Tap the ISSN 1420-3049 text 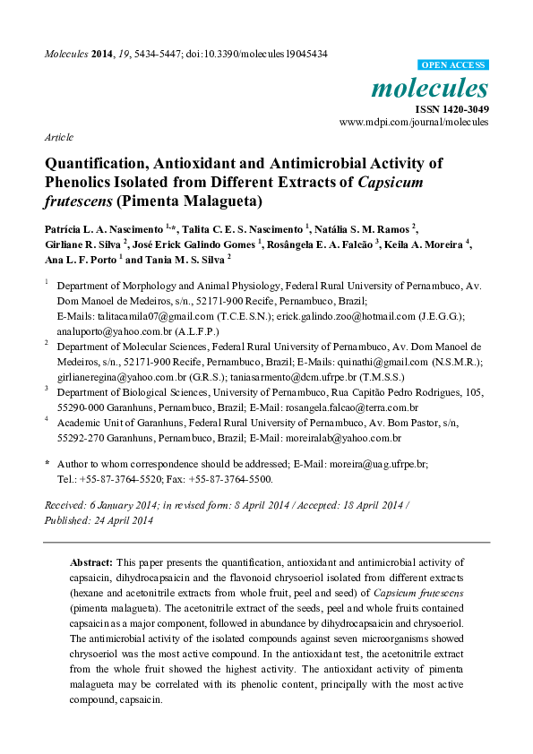click(x=451, y=108)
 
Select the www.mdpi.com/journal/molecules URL click(x=414, y=122)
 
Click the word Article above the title click(x=58, y=137)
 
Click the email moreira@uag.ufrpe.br click(x=376, y=464)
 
